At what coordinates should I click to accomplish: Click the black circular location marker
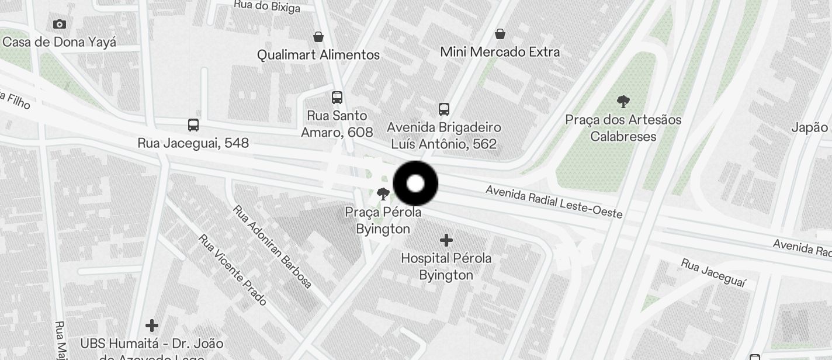point(415,184)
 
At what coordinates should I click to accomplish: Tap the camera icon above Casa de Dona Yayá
point(59,24)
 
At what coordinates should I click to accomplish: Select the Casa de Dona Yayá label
point(59,42)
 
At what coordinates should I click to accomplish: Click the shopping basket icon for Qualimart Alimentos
point(318,37)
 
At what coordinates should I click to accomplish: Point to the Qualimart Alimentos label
point(318,55)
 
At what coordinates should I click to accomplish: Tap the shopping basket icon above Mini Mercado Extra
point(500,34)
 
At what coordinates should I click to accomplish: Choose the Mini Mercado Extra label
point(500,52)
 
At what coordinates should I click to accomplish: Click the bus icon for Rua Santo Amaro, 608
point(337,98)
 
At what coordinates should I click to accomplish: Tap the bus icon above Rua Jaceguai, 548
point(193,124)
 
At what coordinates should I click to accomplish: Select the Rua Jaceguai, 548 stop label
point(193,143)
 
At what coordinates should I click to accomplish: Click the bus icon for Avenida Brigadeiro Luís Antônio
point(444,109)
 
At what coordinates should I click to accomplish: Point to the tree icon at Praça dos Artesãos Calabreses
point(623,102)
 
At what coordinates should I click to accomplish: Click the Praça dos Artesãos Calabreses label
point(623,128)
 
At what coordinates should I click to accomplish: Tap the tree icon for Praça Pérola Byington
point(383,194)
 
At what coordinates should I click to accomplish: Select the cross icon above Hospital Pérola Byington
point(446,240)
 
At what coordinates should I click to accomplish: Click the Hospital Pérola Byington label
point(446,266)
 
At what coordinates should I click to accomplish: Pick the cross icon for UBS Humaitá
point(152,325)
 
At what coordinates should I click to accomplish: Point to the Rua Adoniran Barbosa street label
point(272,246)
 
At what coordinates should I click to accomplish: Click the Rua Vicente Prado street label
point(232,270)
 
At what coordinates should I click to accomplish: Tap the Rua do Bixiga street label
point(267,6)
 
